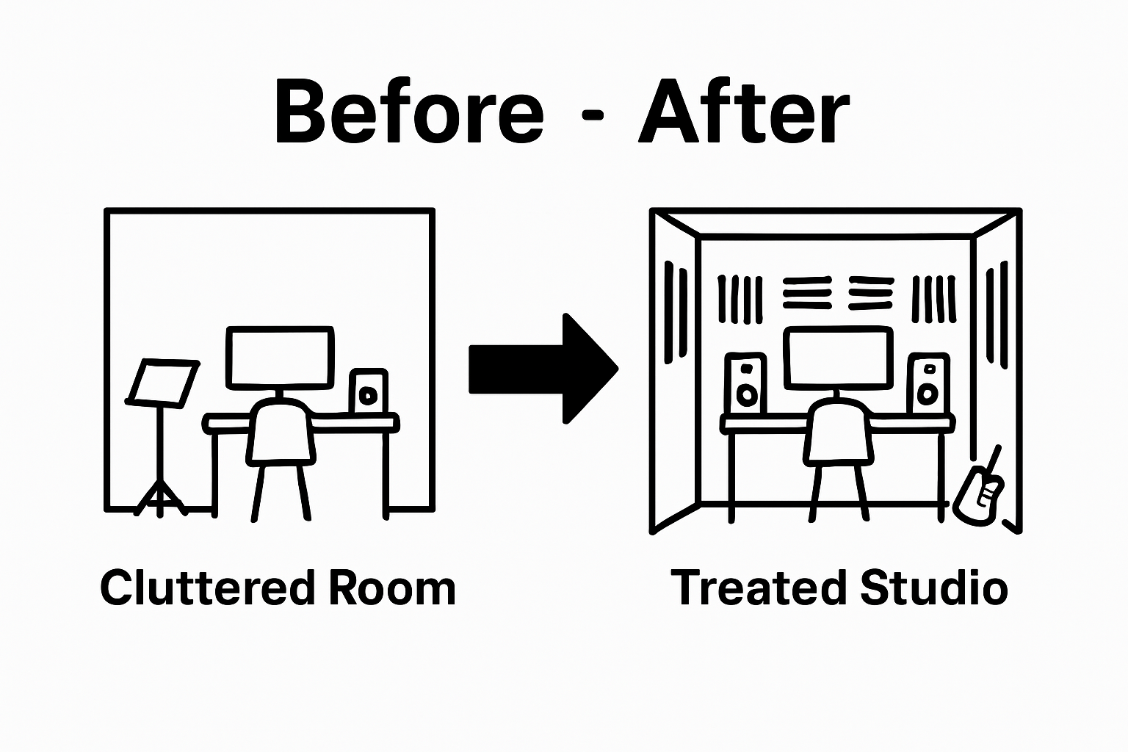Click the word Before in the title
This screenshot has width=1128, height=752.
click(408, 112)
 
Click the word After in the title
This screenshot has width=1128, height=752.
click(745, 112)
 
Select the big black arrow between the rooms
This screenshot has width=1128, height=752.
click(543, 369)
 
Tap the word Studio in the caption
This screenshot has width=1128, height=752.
click(934, 588)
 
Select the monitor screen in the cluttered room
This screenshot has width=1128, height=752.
click(280, 358)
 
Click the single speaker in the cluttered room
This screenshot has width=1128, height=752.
click(368, 391)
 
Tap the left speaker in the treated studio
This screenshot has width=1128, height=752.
click(746, 383)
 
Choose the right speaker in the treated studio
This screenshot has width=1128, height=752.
click(928, 383)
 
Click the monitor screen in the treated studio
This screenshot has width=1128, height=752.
click(839, 359)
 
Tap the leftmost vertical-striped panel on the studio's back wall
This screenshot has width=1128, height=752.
click(740, 299)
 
